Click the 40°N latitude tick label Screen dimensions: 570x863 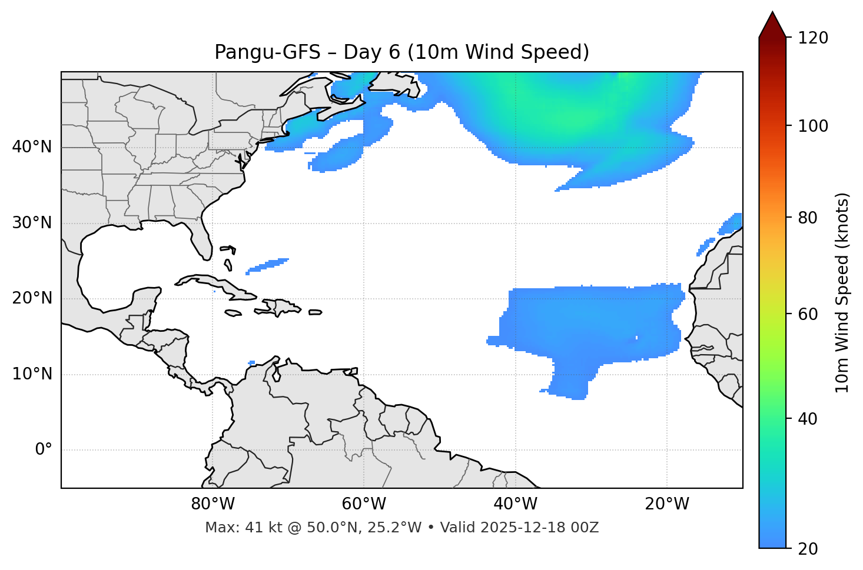(32, 147)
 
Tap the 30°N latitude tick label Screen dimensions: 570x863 (32, 223)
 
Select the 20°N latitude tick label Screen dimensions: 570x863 (32, 298)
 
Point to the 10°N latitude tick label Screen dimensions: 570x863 (32, 374)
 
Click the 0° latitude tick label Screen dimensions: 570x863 (44, 450)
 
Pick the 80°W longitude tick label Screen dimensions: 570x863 (213, 504)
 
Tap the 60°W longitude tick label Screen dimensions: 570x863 (364, 504)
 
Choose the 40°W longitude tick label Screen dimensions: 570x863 (515, 504)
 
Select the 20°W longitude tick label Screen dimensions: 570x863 (667, 504)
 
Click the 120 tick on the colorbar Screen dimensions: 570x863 (814, 38)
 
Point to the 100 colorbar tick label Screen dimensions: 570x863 (814, 126)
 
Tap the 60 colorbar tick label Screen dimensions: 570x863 (810, 314)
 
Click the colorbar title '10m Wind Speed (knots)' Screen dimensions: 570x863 (842, 292)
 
